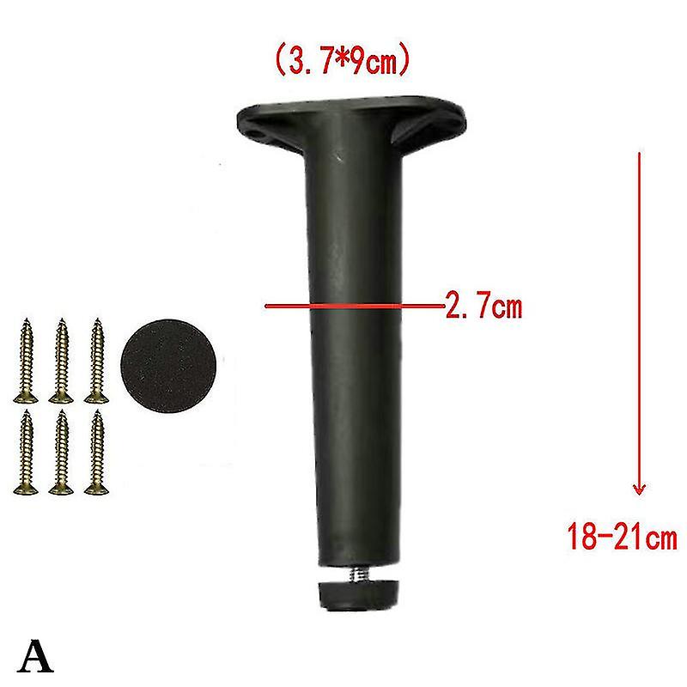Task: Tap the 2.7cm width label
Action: tap(483, 305)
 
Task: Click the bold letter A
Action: tap(37, 657)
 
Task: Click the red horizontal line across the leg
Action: tap(352, 305)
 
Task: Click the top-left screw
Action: tap(25, 361)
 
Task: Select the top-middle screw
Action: tap(60, 361)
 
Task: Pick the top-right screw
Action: tap(95, 361)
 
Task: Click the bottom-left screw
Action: tap(25, 453)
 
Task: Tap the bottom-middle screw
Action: tap(60, 453)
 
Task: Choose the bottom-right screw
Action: tap(95, 453)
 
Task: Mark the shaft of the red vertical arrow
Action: tap(638, 318)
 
